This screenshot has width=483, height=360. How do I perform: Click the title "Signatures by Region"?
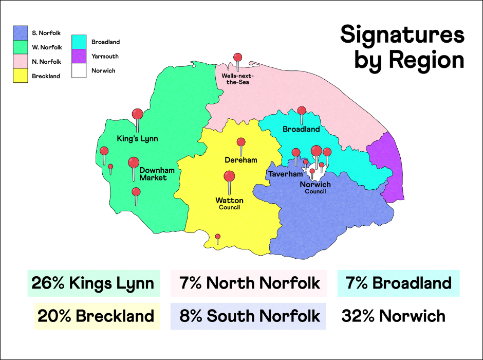point(402,47)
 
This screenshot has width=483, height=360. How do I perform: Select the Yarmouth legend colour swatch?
point(79,56)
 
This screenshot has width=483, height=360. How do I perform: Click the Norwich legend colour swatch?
point(79,70)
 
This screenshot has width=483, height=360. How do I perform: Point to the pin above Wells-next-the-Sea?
point(237,58)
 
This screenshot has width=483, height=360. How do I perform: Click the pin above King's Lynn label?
point(137,114)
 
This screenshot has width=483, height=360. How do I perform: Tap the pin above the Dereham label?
point(240,142)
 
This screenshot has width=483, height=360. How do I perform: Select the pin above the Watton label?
point(229,176)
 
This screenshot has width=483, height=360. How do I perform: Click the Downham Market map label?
point(153,174)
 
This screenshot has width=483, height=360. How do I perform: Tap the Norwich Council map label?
point(315,188)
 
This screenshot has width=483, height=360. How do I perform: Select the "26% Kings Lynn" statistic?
point(93,283)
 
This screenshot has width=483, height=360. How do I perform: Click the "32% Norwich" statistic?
point(393,315)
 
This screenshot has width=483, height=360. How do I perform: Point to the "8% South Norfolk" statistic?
point(249,315)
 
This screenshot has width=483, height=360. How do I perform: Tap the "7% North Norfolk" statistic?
point(249,283)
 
